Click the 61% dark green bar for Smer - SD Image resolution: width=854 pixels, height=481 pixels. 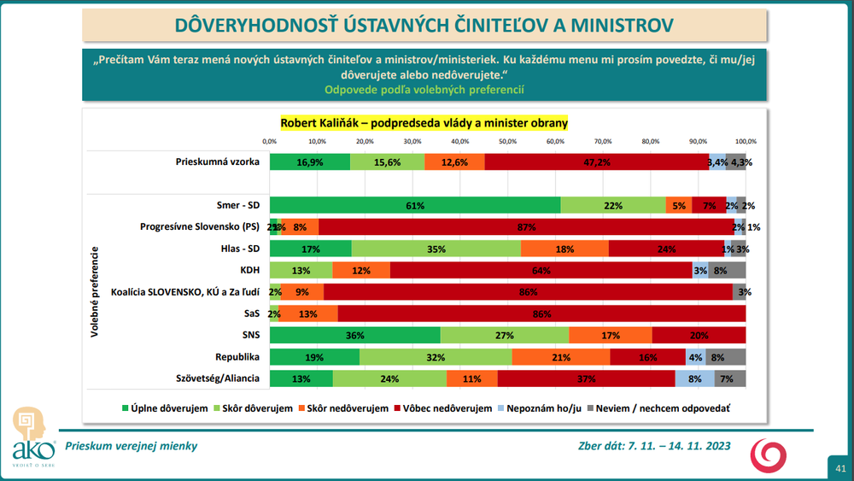[415, 205]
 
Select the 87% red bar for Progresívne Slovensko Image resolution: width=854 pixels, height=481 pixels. [525, 227]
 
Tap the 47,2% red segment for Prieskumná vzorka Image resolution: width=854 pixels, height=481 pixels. [596, 161]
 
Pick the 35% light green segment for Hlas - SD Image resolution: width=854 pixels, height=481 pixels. [436, 249]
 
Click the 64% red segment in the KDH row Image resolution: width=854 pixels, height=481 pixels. [541, 271]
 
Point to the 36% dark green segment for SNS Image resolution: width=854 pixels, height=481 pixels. [355, 336]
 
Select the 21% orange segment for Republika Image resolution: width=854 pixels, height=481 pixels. [561, 357]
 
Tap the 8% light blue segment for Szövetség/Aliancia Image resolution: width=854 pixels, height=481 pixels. [694, 379]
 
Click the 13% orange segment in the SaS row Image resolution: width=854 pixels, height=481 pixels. [308, 314]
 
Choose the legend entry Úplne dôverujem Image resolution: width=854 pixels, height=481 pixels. [167, 408]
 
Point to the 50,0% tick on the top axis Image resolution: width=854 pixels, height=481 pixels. [507, 140]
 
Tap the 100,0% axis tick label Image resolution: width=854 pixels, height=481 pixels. [746, 140]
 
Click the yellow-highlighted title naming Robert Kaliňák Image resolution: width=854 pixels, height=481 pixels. [424, 123]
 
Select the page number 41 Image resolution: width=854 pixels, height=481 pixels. [841, 468]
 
